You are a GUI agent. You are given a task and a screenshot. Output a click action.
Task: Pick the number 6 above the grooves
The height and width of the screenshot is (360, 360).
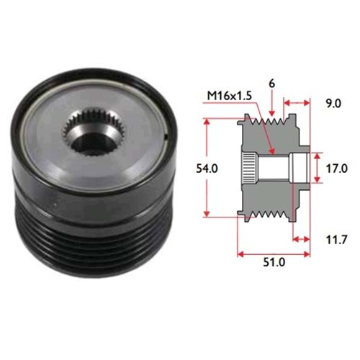[x=272, y=84]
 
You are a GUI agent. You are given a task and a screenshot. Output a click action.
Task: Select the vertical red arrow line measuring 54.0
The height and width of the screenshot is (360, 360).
[x=210, y=168]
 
